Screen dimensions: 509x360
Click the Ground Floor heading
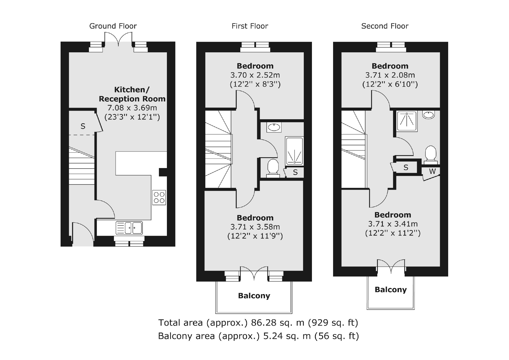pyautogui.click(x=113, y=26)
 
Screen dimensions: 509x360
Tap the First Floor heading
pyautogui.click(x=250, y=26)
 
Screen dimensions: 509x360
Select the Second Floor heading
pyautogui.click(x=385, y=26)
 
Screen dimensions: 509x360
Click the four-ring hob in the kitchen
pyautogui.click(x=159, y=197)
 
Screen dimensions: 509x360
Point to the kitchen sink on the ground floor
pyautogui.click(x=129, y=228)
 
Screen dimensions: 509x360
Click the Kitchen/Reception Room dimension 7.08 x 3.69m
pyautogui.click(x=132, y=108)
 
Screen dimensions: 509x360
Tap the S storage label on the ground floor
pyautogui.click(x=83, y=126)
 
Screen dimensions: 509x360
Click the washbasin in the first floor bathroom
pyautogui.click(x=274, y=127)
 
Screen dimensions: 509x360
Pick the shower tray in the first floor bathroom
pyautogui.click(x=294, y=151)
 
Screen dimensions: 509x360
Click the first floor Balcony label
pyautogui.click(x=254, y=296)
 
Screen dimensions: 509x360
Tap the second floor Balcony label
pyautogui.click(x=391, y=290)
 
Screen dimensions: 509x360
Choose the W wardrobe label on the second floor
pyautogui.click(x=432, y=172)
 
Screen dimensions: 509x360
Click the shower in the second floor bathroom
pyautogui.click(x=407, y=121)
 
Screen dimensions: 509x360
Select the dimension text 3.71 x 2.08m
pyautogui.click(x=390, y=75)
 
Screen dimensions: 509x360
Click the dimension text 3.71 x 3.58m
pyautogui.click(x=255, y=227)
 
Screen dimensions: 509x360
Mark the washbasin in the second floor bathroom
pyautogui.click(x=429, y=115)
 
